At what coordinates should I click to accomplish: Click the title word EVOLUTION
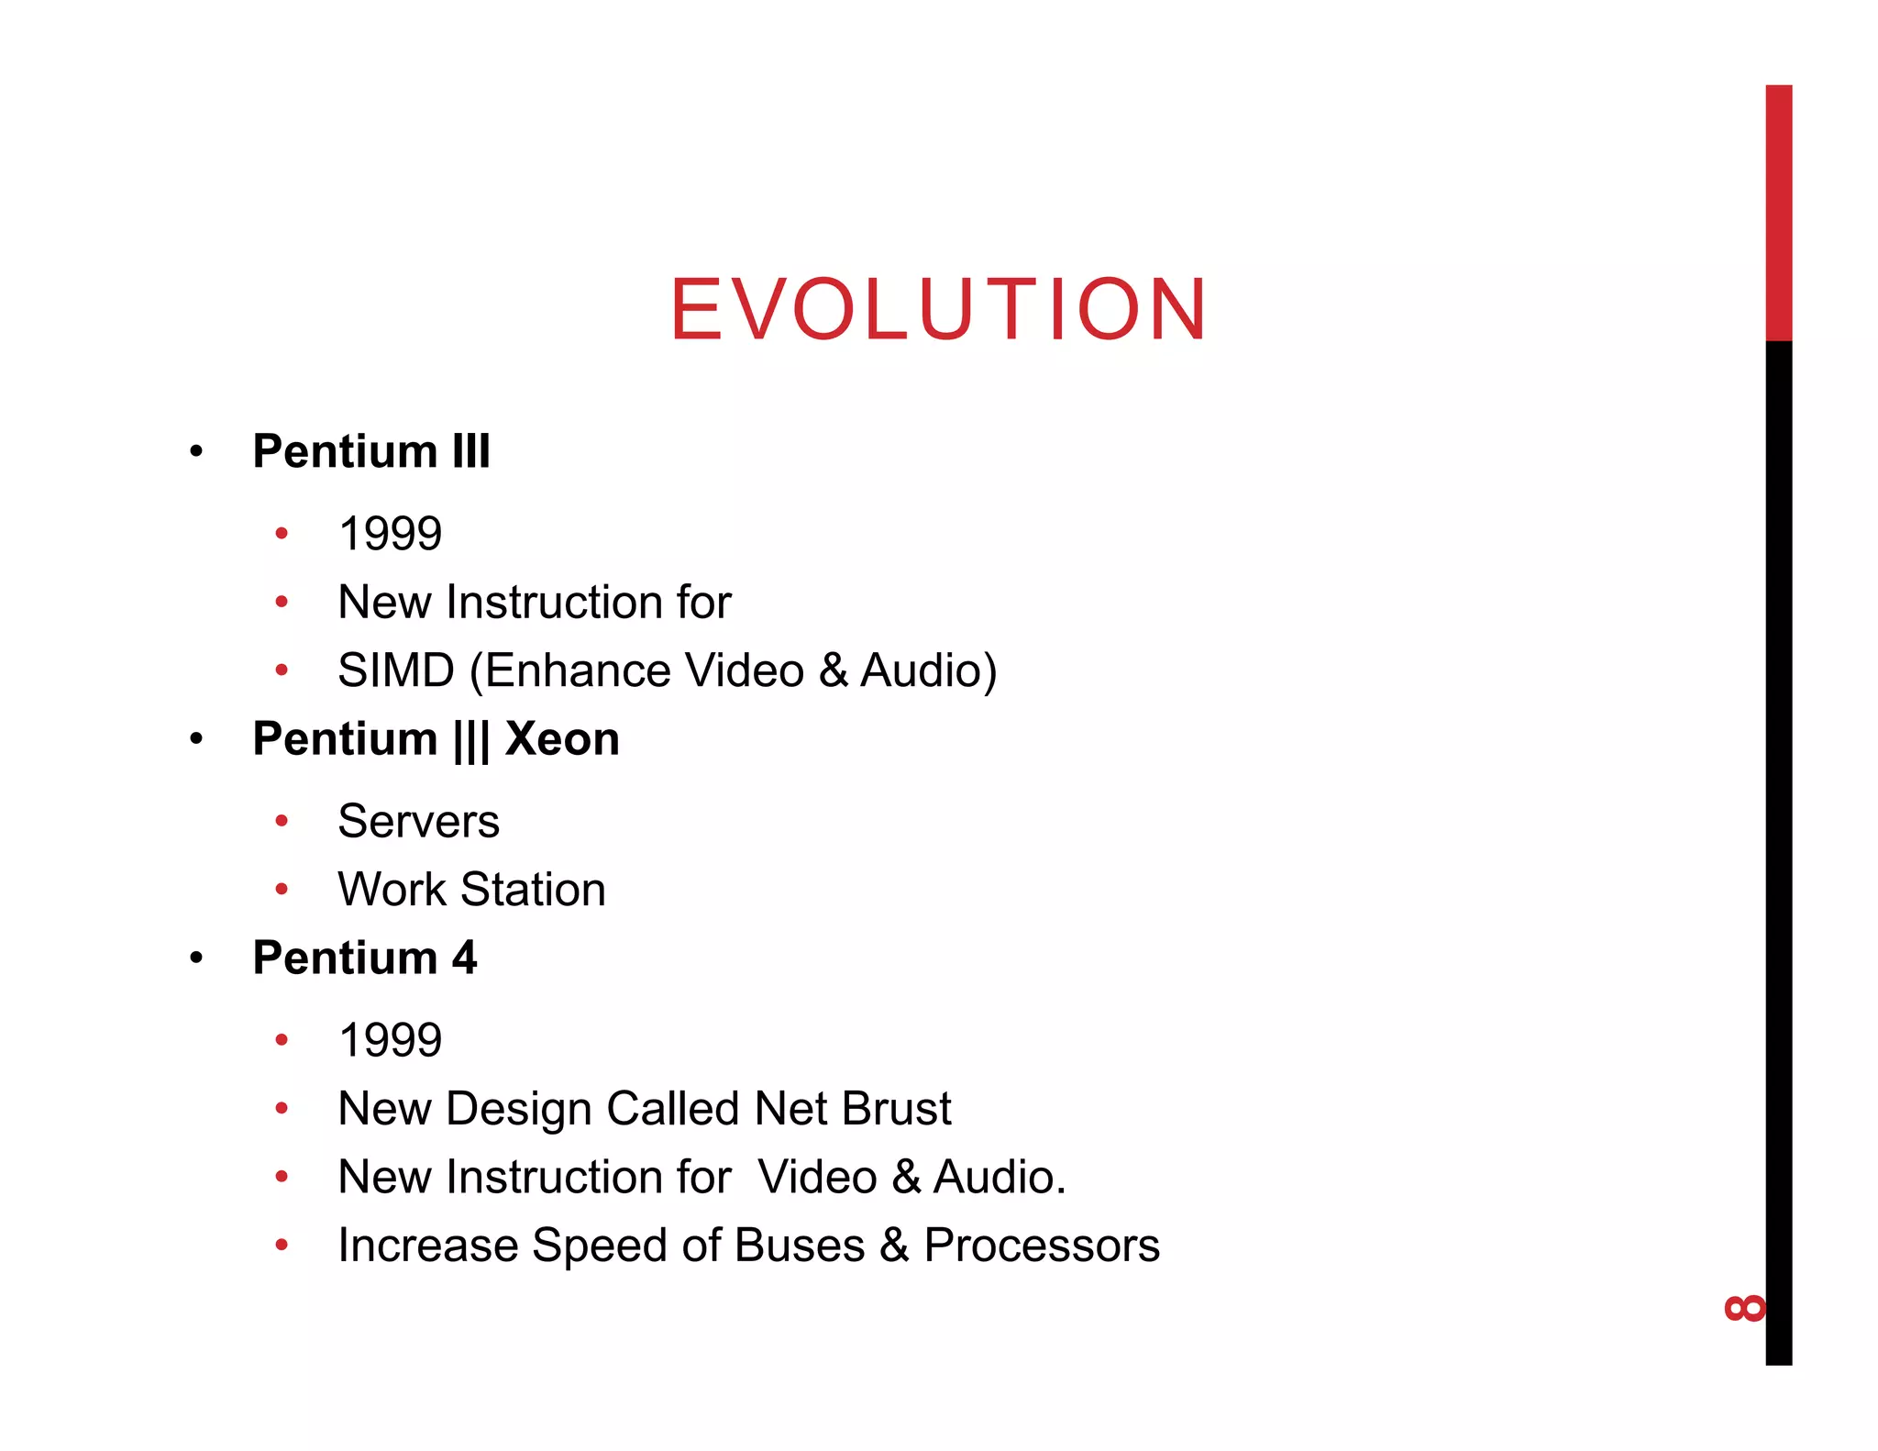coord(938,310)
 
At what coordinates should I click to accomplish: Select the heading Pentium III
coord(371,451)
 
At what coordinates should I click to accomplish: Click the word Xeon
coord(562,739)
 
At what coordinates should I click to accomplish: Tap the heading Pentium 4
coord(365,958)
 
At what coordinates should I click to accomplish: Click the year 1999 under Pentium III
coord(390,534)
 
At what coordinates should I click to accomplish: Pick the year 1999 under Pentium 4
coord(390,1040)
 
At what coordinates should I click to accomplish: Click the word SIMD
coord(396,670)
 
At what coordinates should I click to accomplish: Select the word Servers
coord(418,821)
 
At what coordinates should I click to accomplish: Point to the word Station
coord(533,890)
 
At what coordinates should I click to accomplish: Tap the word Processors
coord(1042,1246)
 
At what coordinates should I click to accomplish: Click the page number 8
coord(1744,1308)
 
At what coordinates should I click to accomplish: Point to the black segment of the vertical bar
coord(1778,825)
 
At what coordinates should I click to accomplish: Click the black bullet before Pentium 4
coord(196,958)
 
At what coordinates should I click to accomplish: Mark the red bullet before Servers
coord(282,821)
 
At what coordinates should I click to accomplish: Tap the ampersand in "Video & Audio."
coord(906,1178)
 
